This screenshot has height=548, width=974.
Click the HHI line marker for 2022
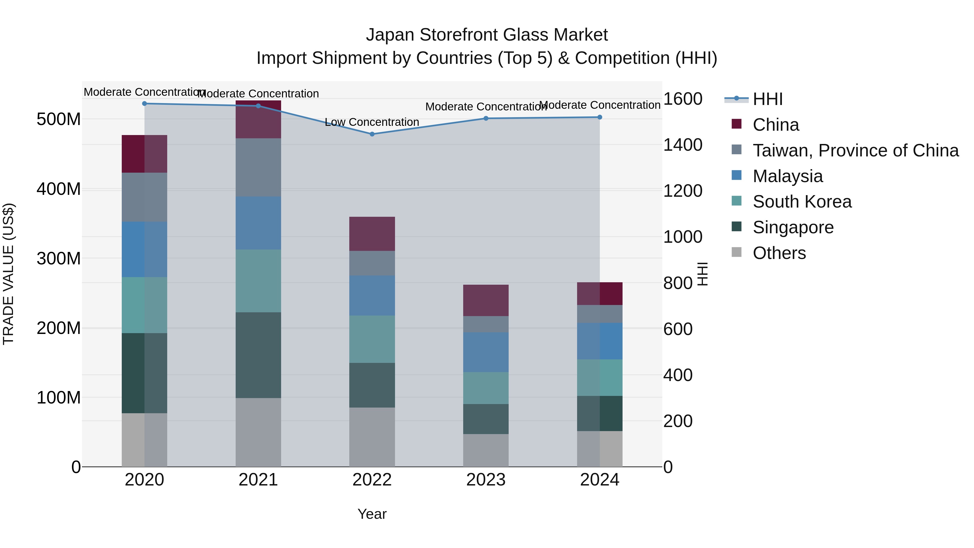click(x=372, y=134)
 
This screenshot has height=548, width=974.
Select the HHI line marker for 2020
click(x=144, y=103)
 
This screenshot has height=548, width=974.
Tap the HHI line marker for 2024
click(x=600, y=117)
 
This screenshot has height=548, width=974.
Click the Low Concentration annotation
click(x=372, y=122)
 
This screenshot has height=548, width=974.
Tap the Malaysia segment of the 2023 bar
click(x=486, y=352)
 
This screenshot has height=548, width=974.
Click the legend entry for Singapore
click(x=793, y=227)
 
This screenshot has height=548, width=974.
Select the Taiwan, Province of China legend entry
click(x=855, y=150)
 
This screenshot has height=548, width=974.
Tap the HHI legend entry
click(x=768, y=99)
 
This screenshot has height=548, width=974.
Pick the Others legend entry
click(x=779, y=253)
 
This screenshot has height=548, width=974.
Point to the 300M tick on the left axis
click(x=59, y=259)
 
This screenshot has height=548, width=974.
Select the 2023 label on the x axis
click(x=486, y=480)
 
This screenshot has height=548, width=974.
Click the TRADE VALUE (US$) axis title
click(x=8, y=274)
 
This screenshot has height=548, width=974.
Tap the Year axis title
click(x=372, y=514)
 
